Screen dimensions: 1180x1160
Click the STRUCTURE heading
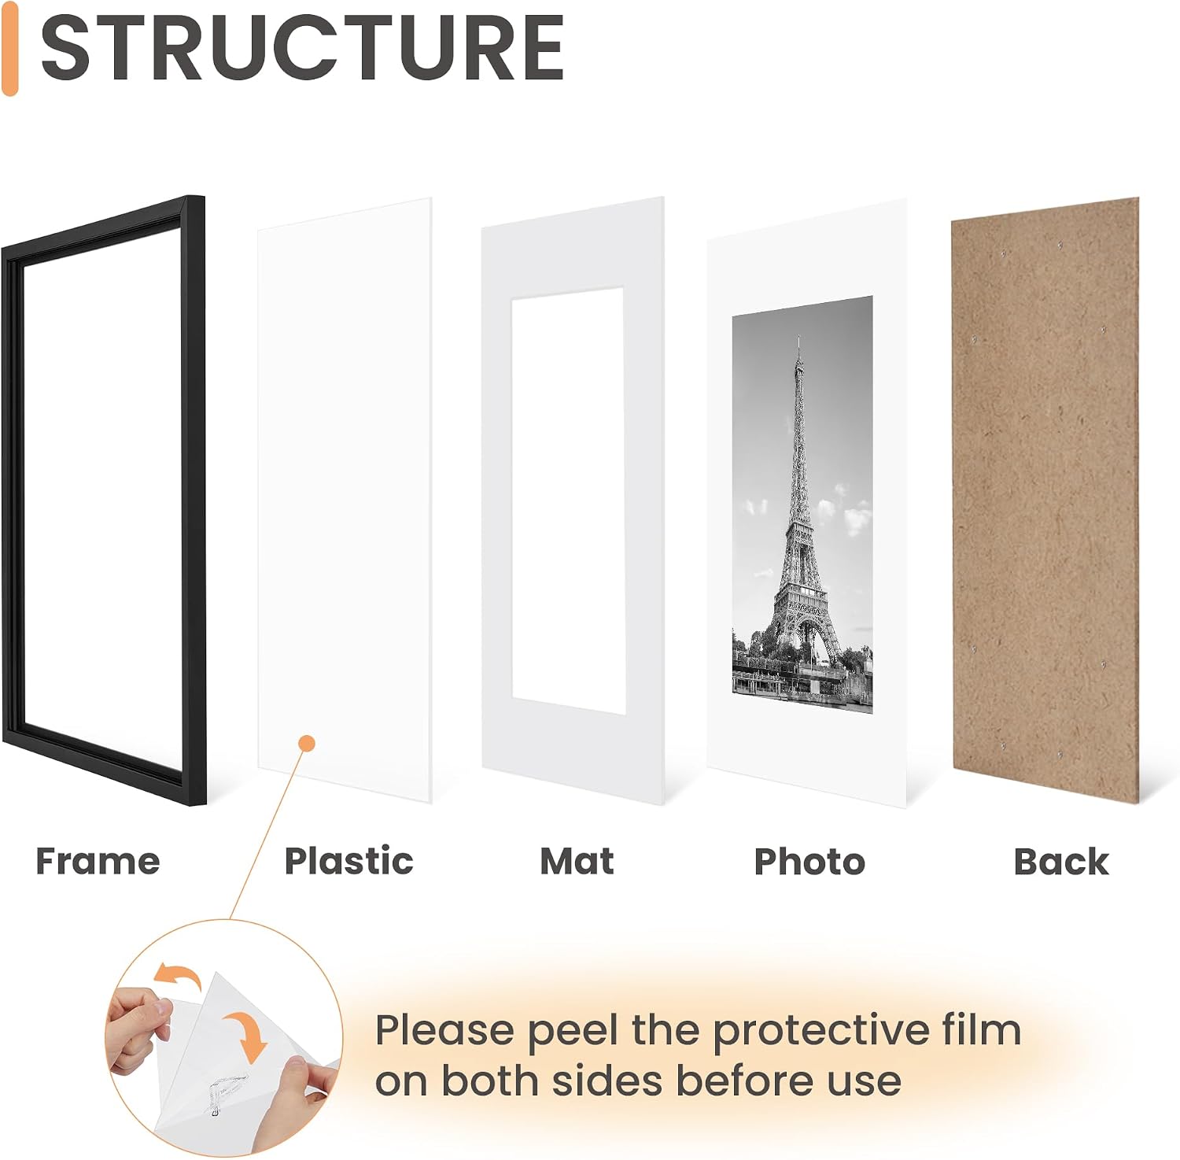point(302,49)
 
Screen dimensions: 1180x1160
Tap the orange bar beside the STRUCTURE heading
point(9,48)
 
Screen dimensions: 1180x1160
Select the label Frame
point(98,861)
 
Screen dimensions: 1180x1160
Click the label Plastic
point(348,861)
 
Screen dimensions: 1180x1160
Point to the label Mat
point(577,861)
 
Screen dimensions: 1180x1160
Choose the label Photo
point(809,861)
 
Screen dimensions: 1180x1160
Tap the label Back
point(1061,861)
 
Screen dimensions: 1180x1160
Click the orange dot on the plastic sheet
point(308,743)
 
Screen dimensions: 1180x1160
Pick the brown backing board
point(1045,500)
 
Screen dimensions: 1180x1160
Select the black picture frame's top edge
point(102,224)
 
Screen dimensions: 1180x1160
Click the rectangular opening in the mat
point(568,501)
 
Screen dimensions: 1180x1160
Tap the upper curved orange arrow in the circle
point(177,976)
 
